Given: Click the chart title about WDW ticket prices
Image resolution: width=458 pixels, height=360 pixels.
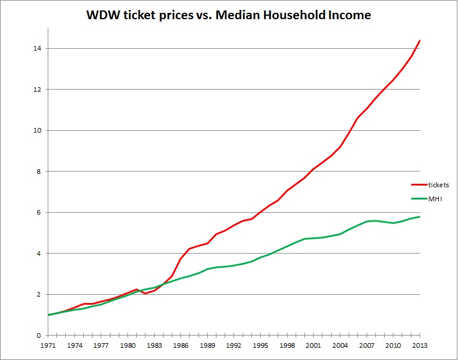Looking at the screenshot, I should click(229, 15).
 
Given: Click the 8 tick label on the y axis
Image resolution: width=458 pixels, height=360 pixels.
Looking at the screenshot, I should click(38, 172).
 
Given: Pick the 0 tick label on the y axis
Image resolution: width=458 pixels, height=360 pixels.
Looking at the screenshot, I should click(38, 336).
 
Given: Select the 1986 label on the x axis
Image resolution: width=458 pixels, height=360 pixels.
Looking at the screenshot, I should click(181, 345).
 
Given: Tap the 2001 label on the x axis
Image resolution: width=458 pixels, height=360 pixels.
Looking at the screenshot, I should click(314, 345).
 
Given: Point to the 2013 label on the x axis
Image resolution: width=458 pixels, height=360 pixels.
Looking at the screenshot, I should click(420, 345).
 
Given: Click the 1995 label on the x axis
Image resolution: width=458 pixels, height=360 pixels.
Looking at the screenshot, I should click(261, 345).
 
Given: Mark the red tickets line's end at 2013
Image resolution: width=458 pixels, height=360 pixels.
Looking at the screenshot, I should click(420, 41).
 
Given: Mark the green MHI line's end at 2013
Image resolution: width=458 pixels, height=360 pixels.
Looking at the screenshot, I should click(420, 217).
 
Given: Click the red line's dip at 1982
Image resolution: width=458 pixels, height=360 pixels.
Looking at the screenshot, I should click(145, 294).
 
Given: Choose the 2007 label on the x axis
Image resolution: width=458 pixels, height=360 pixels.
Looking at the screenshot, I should click(367, 345).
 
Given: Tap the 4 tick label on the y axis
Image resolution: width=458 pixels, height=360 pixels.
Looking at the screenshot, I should click(38, 254).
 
